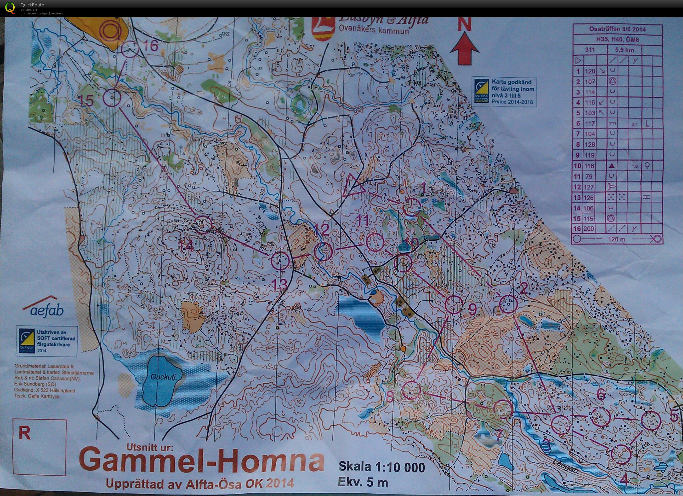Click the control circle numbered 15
[x=112, y=97]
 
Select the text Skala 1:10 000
[x=382, y=467]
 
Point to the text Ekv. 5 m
[x=363, y=482]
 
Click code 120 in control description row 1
[x=590, y=71]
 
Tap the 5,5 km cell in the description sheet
[x=624, y=50]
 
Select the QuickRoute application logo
[x=10, y=8]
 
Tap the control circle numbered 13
[x=280, y=260]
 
